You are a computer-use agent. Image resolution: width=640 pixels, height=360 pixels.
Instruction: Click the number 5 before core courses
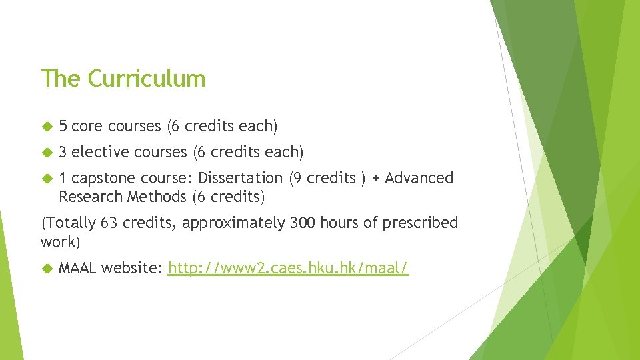click(63, 126)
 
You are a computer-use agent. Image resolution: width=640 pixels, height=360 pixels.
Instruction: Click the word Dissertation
click(240, 178)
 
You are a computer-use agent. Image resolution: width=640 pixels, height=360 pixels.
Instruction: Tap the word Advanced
click(419, 178)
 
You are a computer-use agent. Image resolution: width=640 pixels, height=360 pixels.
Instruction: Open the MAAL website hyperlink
click(288, 268)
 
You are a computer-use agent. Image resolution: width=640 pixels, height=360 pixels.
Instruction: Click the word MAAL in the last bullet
click(78, 268)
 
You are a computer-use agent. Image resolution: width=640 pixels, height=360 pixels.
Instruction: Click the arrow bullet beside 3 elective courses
click(47, 153)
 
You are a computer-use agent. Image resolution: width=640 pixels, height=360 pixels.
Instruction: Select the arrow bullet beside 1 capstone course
click(47, 179)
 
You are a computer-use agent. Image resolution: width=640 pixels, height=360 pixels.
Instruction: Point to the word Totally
click(70, 223)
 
